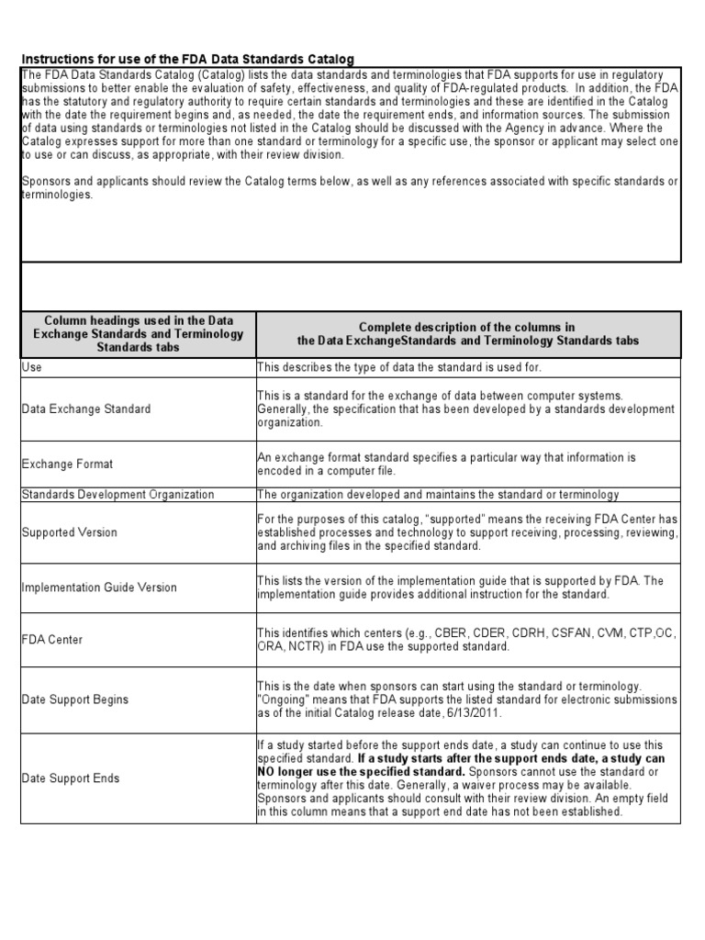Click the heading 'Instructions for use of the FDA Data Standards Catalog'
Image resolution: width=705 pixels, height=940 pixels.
tap(187, 58)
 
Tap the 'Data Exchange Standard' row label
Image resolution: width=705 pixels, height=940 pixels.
tap(86, 408)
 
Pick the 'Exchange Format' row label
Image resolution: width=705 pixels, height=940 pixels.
tap(68, 464)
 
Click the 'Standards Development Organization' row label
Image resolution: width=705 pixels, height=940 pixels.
tap(117, 495)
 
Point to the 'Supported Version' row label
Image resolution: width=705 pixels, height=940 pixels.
tap(70, 532)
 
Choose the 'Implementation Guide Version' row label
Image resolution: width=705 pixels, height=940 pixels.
tap(100, 587)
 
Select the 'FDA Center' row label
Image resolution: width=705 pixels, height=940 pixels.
tap(51, 639)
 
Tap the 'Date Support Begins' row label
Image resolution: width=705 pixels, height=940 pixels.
tap(75, 699)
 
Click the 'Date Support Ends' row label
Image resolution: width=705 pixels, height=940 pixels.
tap(70, 778)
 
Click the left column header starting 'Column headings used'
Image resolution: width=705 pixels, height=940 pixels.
tap(139, 334)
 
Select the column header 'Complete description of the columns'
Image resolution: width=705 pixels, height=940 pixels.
tap(467, 334)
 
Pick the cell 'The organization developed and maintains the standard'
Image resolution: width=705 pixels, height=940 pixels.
tap(438, 495)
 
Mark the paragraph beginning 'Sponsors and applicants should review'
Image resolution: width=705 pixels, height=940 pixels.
tap(349, 188)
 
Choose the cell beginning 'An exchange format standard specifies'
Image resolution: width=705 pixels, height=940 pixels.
tap(446, 464)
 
